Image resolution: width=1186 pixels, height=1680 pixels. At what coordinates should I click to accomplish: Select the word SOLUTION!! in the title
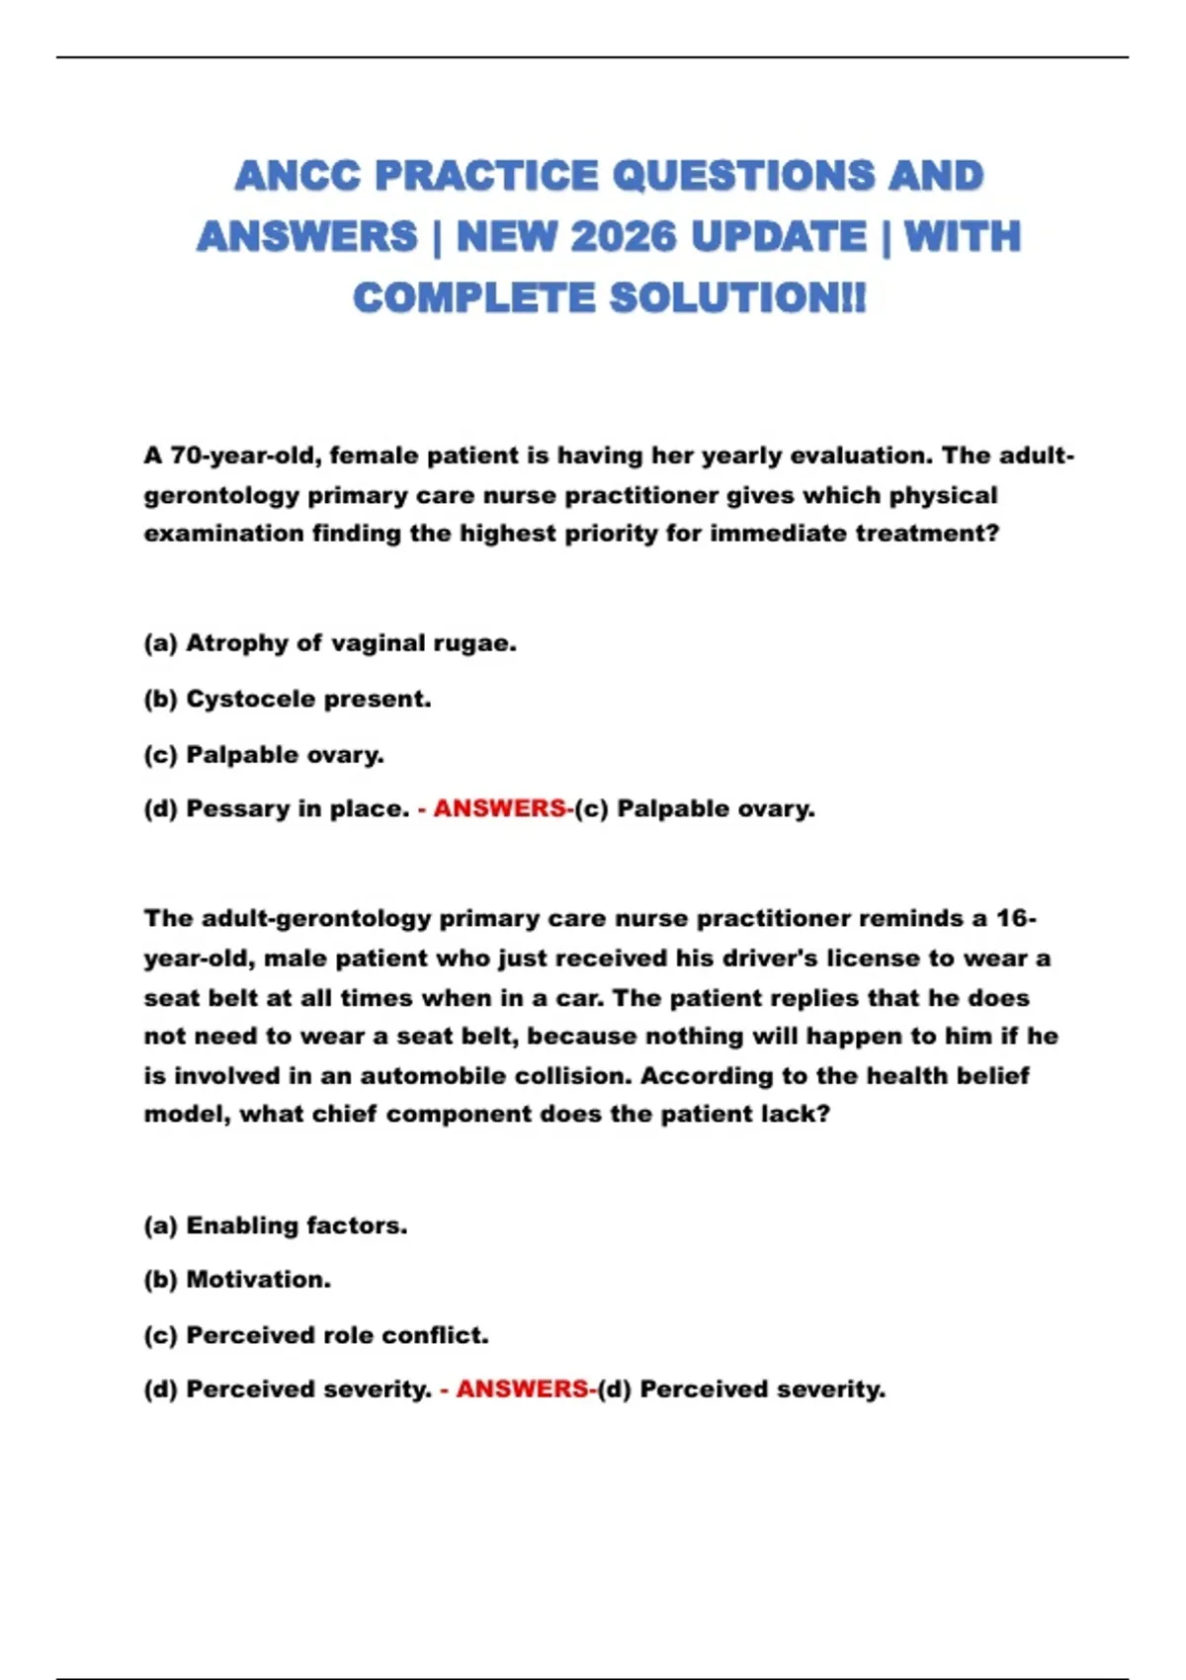tap(736, 298)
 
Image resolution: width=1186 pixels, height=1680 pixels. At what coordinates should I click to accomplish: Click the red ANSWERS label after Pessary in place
tap(500, 808)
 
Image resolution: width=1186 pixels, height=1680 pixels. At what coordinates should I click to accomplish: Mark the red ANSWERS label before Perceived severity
tap(523, 1388)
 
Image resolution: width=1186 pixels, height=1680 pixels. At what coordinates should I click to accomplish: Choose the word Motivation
tap(258, 1280)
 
